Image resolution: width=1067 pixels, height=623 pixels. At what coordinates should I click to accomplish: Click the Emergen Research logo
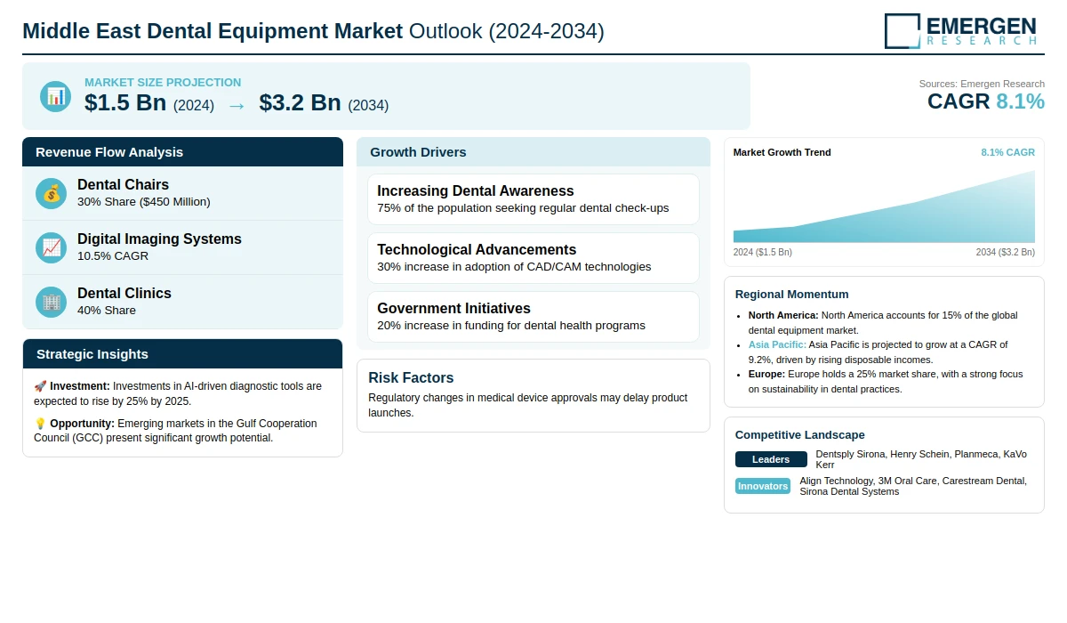pos(960,30)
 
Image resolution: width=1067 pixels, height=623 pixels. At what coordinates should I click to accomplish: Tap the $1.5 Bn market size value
pos(125,103)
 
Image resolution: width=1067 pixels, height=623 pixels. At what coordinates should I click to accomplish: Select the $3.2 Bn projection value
pos(300,103)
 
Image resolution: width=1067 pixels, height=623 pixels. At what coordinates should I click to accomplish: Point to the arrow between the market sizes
pos(237,105)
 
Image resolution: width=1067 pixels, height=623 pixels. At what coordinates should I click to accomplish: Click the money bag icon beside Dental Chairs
pos(52,193)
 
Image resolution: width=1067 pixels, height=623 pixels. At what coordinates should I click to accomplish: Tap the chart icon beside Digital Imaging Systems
pos(52,247)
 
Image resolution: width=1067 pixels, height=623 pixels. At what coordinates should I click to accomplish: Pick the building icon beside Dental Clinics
pos(52,302)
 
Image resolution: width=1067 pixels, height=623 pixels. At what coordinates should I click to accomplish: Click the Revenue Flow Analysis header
pos(109,152)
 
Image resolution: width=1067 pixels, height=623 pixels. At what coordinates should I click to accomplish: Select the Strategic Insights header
pos(92,354)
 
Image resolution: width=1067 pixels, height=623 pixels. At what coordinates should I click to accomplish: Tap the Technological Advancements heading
pos(477,249)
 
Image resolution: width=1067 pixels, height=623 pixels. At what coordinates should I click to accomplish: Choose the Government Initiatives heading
pos(453,308)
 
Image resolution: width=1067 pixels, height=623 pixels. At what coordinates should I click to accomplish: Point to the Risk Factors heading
pos(411,377)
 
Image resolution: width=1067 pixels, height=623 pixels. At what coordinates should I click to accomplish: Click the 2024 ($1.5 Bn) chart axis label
pos(762,252)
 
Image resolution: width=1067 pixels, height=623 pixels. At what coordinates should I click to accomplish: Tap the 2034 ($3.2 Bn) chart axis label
pos(1005,252)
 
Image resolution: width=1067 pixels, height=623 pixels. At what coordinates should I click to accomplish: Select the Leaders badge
pos(771,459)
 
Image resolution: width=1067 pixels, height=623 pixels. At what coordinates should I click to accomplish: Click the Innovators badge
pos(763,486)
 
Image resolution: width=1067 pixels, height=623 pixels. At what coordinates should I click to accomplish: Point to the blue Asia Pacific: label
pos(777,344)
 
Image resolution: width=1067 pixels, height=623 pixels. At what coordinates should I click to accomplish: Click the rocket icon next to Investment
pos(40,386)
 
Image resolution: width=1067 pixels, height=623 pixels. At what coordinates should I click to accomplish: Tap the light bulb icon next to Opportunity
pos(40,424)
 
